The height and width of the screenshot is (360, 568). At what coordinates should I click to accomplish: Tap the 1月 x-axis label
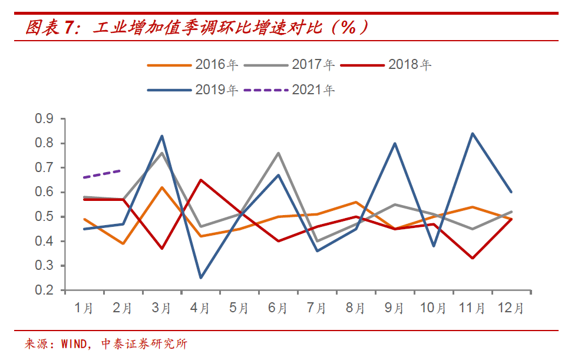point(84,308)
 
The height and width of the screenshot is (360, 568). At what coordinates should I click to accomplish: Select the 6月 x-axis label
point(278,308)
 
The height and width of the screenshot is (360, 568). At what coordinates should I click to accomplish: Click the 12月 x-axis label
point(510,308)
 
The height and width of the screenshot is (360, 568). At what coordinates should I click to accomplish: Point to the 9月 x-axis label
point(394,308)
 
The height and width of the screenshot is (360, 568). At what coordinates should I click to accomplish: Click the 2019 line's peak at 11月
point(472,133)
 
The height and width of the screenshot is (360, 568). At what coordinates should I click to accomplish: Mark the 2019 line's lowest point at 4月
point(200,278)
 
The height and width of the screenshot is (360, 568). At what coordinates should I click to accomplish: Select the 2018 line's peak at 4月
point(200,180)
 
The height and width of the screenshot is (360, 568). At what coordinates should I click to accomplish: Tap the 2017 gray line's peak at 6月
point(278,153)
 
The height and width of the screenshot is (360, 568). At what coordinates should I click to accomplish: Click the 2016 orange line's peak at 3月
point(161,187)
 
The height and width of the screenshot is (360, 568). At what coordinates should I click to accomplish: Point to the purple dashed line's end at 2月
point(123,170)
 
